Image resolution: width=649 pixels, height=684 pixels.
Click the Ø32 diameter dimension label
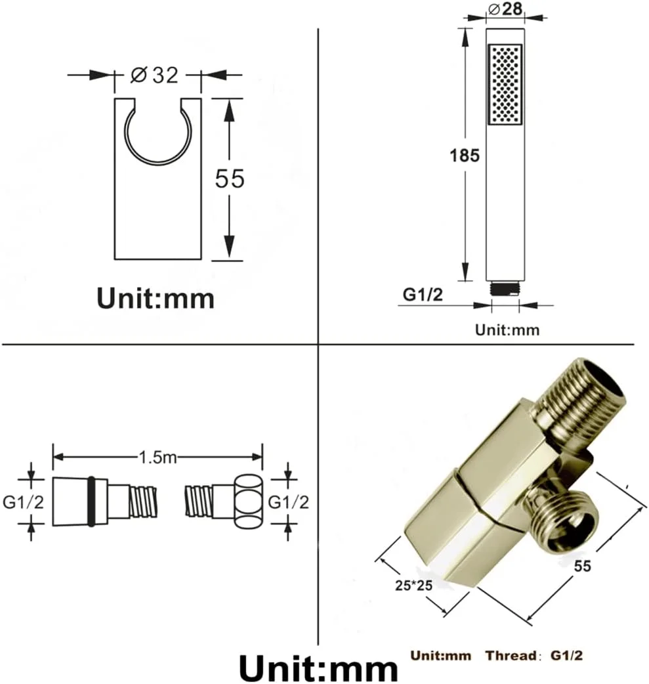pyautogui.click(x=154, y=75)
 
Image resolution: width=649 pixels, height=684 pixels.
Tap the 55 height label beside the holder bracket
pyautogui.click(x=230, y=178)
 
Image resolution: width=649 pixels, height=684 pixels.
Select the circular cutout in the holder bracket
pyautogui.click(x=158, y=133)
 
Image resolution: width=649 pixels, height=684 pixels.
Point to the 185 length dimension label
pyautogui.click(x=465, y=155)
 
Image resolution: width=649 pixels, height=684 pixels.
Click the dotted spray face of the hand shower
pyautogui.click(x=505, y=84)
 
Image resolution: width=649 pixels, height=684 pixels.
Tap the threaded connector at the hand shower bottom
pyautogui.click(x=505, y=289)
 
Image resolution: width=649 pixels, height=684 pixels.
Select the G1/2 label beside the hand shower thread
pyautogui.click(x=422, y=295)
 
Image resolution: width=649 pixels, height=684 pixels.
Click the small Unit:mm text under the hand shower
pyautogui.click(x=507, y=330)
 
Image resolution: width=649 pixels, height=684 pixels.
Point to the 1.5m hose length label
pyautogui.click(x=157, y=457)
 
